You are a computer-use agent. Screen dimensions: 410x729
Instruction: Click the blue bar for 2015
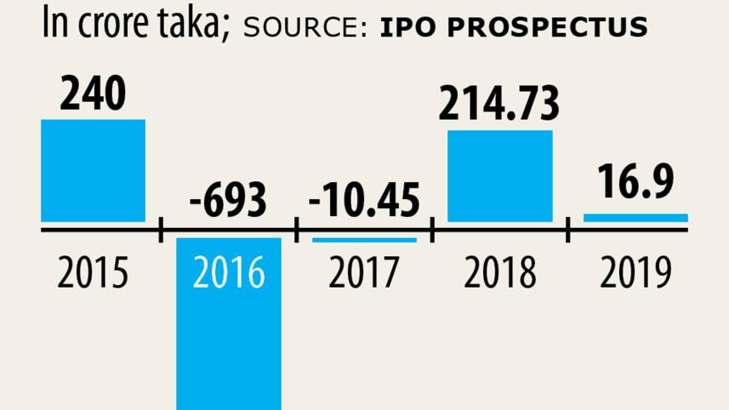93,170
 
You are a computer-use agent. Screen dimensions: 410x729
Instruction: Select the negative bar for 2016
229,340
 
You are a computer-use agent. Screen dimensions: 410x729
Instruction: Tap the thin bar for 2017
364,240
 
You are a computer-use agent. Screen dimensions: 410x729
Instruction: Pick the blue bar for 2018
500,176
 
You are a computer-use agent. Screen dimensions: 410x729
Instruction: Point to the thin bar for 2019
635,219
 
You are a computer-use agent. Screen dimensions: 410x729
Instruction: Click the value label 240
93,95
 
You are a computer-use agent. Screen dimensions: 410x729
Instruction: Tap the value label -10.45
364,202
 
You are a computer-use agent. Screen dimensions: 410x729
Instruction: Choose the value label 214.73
500,104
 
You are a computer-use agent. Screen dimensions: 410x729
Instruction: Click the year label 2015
93,274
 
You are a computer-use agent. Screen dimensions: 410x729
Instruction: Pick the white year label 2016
229,274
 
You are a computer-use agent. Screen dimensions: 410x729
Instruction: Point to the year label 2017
364,274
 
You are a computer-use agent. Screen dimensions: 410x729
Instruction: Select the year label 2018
500,274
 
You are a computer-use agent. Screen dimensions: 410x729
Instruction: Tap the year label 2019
635,274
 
